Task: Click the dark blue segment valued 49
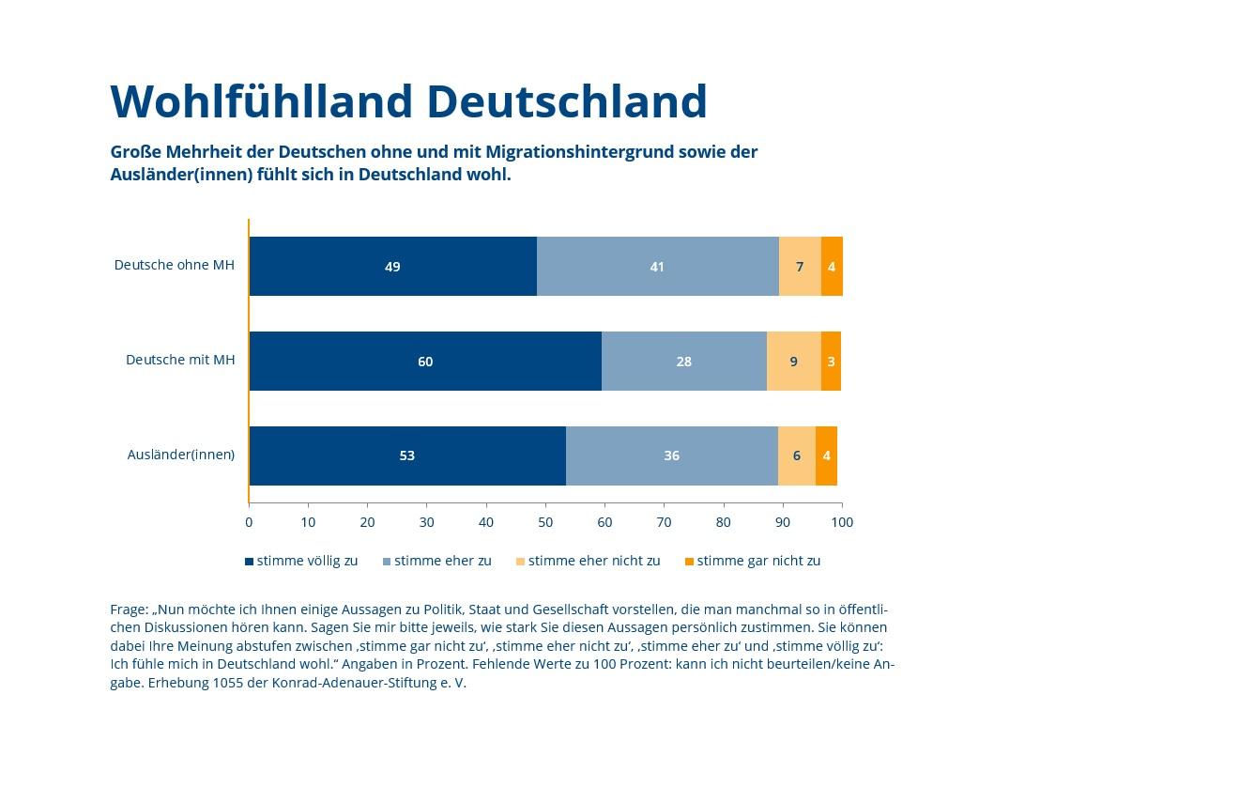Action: point(392,267)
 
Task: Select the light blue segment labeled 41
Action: point(657,267)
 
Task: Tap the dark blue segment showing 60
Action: point(425,362)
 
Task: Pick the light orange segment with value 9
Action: point(794,362)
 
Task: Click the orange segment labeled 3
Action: point(831,362)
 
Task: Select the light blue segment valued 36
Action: point(671,455)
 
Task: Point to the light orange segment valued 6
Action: point(796,455)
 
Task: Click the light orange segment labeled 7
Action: point(800,267)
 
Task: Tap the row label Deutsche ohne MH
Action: point(175,265)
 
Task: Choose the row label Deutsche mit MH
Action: point(180,360)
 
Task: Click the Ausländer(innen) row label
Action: point(181,455)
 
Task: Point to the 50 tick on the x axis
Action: point(545,522)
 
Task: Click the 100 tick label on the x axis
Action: point(842,522)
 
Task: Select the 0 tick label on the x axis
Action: point(249,522)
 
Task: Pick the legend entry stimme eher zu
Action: point(442,561)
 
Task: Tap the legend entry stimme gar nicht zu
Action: point(757,561)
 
